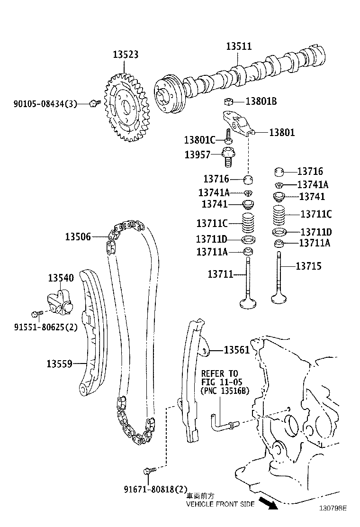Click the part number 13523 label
pyautogui.click(x=126, y=55)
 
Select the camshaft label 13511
pyautogui.click(x=239, y=46)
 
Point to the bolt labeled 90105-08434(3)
pyautogui.click(x=94, y=103)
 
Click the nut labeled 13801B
pyautogui.click(x=228, y=101)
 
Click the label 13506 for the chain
pyautogui.click(x=78, y=236)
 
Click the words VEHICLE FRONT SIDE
pyautogui.click(x=220, y=504)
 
